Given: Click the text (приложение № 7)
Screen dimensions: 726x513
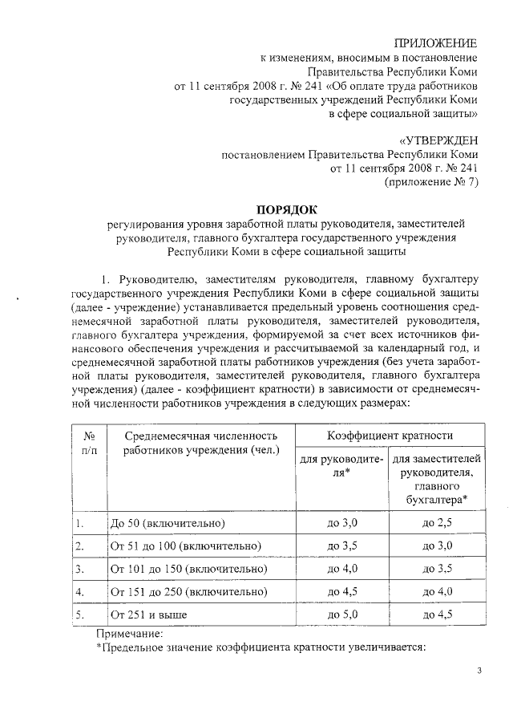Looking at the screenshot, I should point(431,183).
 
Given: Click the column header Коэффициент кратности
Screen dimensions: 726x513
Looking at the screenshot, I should point(390,436).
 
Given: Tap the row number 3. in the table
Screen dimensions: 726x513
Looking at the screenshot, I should point(80,569).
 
